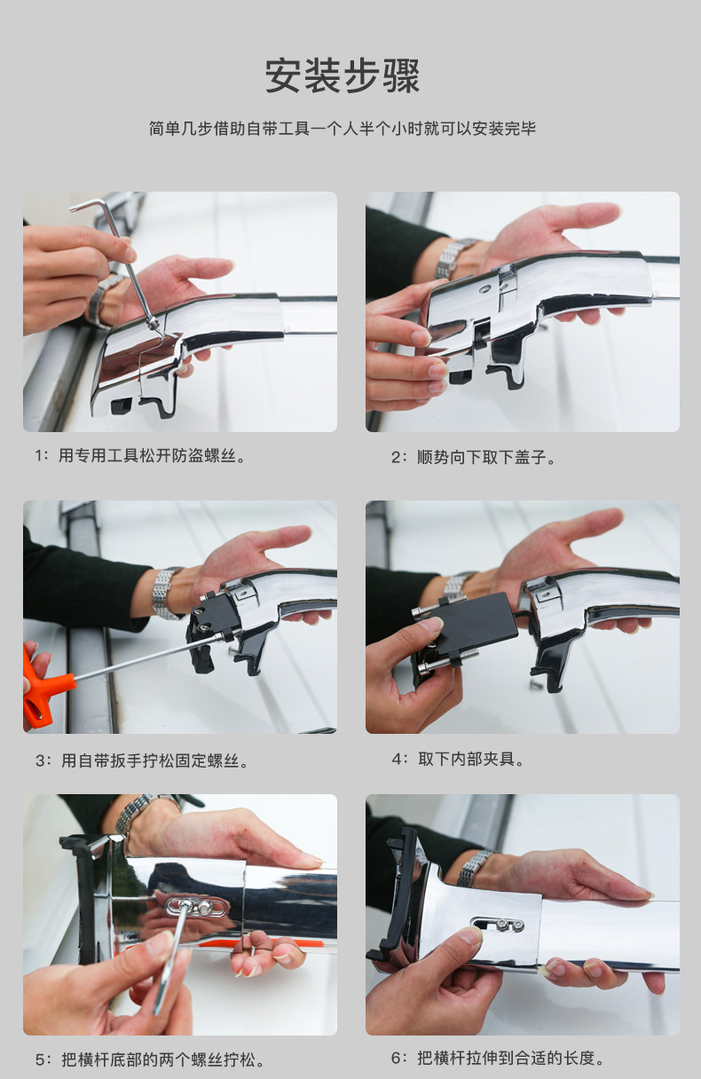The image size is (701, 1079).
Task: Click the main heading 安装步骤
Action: [x=343, y=76]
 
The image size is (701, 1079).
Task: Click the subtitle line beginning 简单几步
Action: [x=343, y=129]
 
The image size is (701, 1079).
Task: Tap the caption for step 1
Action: [x=140, y=456]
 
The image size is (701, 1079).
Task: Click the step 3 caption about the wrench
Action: [x=142, y=760]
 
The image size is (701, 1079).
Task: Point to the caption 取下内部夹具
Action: [x=458, y=760]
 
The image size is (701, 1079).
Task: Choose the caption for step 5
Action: [x=150, y=1059]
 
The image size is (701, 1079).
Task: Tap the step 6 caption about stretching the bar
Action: [x=498, y=1059]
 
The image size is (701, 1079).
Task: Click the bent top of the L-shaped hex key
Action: [x=89, y=205]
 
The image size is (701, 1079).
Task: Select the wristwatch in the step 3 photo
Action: [x=166, y=592]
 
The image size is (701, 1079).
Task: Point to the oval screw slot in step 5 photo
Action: [x=195, y=908]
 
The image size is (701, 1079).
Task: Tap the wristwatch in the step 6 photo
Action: [x=476, y=868]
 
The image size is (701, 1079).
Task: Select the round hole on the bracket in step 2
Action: [x=484, y=289]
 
